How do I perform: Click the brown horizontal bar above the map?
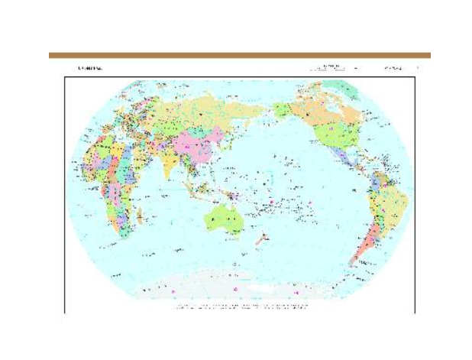[x=239, y=55]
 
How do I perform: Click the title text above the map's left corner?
[x=89, y=68]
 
